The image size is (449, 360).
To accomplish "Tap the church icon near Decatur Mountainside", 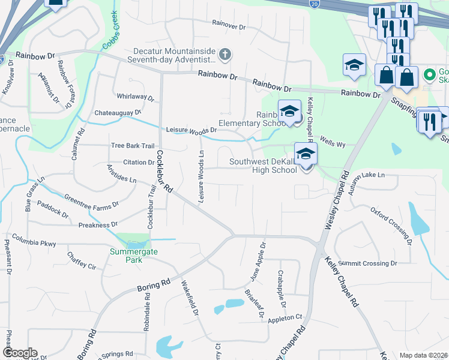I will point(225,55).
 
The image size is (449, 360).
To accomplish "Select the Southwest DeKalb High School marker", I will point(306,154).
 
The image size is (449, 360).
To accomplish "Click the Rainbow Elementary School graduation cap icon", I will point(289,112).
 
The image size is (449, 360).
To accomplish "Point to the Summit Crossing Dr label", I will point(368,263).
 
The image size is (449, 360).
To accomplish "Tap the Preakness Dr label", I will point(97,225).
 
